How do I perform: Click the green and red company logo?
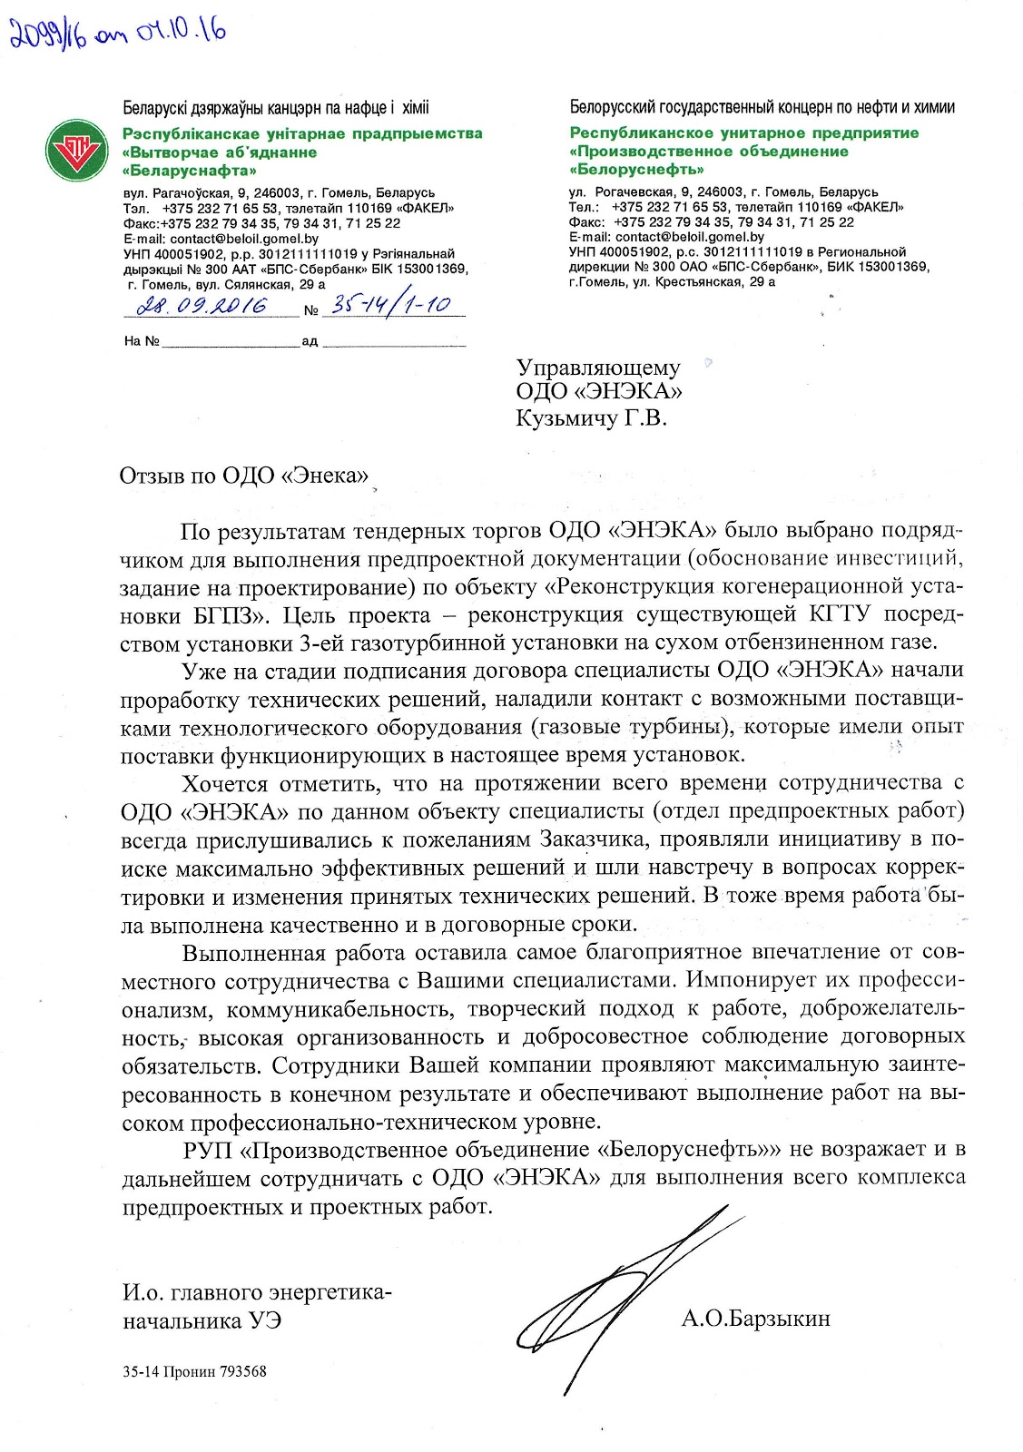pos(77,149)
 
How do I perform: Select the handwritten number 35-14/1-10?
pos(391,304)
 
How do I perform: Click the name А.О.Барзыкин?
pos(755,1319)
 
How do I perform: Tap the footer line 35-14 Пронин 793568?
pos(194,1371)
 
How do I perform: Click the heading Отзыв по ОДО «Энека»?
pos(244,476)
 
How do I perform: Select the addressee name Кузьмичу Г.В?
pos(591,417)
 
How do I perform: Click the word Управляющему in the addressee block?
pos(597,368)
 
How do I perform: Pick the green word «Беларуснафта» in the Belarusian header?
pos(190,170)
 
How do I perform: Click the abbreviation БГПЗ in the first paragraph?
pos(226,615)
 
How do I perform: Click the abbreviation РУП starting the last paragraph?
pos(208,1150)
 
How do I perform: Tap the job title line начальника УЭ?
pos(202,1320)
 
